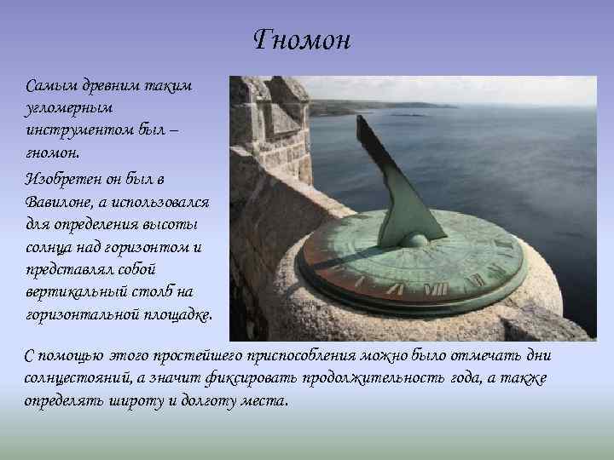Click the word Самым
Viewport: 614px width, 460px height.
click(x=49, y=86)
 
